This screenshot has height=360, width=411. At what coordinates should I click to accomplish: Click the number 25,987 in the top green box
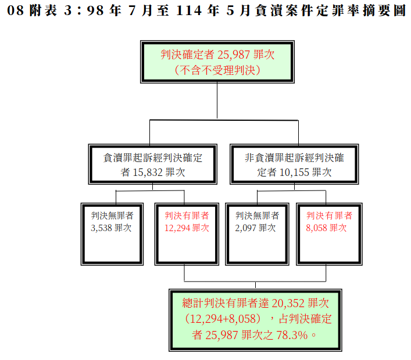pos(234,55)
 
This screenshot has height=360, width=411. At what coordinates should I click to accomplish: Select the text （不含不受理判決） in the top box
pos(217,70)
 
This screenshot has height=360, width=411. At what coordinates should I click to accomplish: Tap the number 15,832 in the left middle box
pos(148,172)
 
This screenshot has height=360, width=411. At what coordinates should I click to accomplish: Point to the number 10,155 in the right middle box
pos(294,172)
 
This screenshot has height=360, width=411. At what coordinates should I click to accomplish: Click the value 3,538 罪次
pos(111,228)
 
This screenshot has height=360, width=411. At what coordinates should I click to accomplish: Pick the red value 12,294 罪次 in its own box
pos(187,228)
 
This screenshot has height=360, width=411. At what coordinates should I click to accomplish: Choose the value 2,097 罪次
pos(255,228)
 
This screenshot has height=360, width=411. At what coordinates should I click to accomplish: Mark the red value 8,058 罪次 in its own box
pos(326,228)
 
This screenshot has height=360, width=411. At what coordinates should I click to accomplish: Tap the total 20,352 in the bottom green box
pos(288,303)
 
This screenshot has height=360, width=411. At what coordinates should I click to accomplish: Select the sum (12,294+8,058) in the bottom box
pos(223,319)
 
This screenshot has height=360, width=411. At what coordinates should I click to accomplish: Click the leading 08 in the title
pos(16,10)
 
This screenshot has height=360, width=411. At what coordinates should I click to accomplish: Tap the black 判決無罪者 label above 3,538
pos(112,215)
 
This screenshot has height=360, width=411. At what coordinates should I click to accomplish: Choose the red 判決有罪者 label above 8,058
pos(329,215)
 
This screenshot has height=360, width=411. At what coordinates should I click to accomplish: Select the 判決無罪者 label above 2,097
pos(257,215)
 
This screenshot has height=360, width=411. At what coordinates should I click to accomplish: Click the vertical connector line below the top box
pos(217,101)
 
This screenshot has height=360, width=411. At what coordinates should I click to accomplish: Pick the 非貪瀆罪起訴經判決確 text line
pos(294,158)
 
